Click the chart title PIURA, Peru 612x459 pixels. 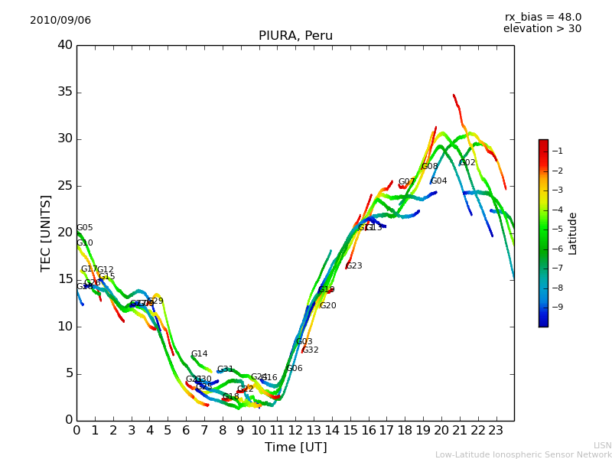tap(295, 36)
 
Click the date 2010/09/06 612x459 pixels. tap(60, 21)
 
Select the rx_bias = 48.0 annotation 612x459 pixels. tap(542, 18)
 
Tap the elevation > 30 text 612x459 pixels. tap(542, 29)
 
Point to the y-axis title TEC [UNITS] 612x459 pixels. tap(46, 233)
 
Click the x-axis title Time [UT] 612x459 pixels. tap(295, 447)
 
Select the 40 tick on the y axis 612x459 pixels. tap(65, 45)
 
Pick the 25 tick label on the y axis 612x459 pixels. tap(65, 186)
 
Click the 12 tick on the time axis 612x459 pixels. tap(295, 430)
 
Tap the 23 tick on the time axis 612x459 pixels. tap(496, 430)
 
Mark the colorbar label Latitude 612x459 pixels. tap(572, 233)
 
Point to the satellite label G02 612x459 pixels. tap(467, 163)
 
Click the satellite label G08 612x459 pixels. tap(430, 167)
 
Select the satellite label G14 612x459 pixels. tap(199, 354)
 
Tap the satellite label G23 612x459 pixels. tap(353, 266)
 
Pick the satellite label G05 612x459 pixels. tap(84, 228)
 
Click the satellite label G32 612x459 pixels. tap(310, 350)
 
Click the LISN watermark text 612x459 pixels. tap(602, 445)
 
